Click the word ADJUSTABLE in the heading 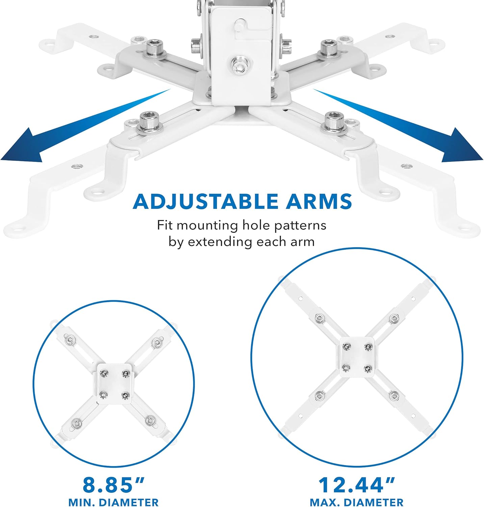(206, 201)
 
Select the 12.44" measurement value (357, 485)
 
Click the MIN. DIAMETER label (113, 502)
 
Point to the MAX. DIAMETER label (357, 502)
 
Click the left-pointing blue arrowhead (21, 145)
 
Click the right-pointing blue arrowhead (463, 145)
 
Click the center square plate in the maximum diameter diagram (357, 357)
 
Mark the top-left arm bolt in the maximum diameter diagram (319, 318)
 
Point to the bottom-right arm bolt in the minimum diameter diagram (149, 421)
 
